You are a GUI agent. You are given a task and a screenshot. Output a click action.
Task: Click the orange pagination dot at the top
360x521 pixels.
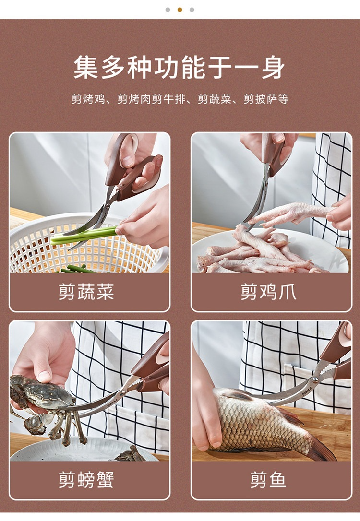tap(180, 10)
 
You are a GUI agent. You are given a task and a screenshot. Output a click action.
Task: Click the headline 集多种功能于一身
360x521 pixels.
tap(179, 68)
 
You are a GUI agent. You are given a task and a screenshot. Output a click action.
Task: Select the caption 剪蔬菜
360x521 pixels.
tap(86, 292)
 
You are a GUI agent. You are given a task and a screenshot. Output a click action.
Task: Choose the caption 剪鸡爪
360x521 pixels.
tap(268, 292)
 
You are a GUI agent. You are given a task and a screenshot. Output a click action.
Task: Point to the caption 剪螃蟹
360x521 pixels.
tap(86, 480)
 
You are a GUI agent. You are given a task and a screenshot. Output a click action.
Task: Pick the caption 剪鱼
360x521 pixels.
tap(268, 480)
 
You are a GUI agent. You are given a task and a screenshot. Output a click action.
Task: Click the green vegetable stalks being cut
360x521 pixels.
tap(85, 235)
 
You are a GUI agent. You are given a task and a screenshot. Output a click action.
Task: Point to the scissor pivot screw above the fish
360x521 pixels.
tap(315, 379)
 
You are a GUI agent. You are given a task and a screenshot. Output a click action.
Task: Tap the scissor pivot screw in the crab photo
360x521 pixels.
tap(123, 393)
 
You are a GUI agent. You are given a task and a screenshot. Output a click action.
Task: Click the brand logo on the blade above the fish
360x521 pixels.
tap(307, 391)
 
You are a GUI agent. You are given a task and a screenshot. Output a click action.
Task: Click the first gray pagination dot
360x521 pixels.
tap(168, 10)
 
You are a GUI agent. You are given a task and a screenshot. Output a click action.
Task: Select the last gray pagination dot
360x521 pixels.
tap(192, 10)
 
